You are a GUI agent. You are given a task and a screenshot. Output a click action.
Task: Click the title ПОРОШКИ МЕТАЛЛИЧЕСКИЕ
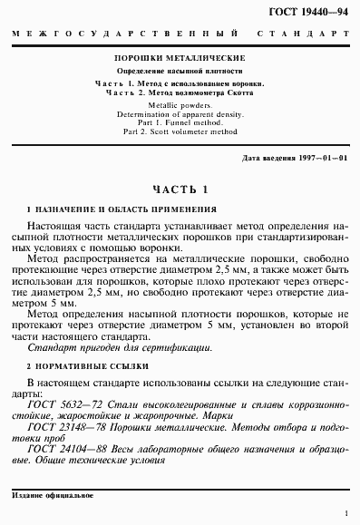pos(179,56)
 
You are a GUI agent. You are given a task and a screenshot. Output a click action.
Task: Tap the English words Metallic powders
pos(179,105)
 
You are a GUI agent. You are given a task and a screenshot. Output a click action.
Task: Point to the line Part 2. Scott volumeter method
pos(179,132)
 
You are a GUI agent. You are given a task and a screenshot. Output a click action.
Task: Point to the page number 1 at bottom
pos(345,512)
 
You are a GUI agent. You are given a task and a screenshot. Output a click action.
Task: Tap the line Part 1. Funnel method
pos(179,123)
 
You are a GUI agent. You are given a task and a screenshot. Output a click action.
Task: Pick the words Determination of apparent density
pos(179,114)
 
